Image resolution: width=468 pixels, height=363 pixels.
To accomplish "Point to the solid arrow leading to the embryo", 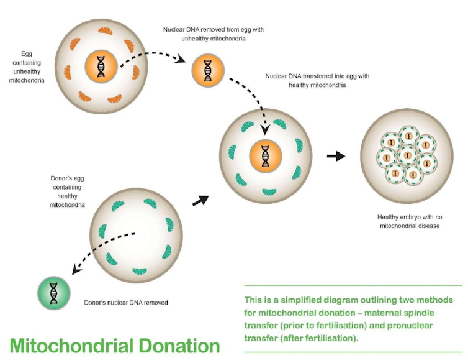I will click(x=336, y=156).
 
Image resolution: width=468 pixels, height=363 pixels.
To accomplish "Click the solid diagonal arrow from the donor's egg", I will click(x=200, y=200).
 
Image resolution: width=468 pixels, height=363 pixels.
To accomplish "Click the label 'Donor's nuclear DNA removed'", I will click(x=126, y=303).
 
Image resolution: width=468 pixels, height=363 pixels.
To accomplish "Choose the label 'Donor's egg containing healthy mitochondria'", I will click(x=68, y=191).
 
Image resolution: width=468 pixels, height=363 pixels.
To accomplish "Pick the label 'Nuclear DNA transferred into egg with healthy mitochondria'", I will click(x=317, y=80).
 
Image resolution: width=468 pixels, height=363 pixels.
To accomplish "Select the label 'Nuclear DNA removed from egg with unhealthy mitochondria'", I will click(x=205, y=34).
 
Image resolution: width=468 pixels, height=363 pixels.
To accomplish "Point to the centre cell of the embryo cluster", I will click(x=407, y=155).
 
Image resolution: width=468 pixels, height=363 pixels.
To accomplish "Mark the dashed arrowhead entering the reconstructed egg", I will click(x=265, y=131).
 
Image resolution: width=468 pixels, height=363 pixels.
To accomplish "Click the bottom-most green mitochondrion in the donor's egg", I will click(x=140, y=271).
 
